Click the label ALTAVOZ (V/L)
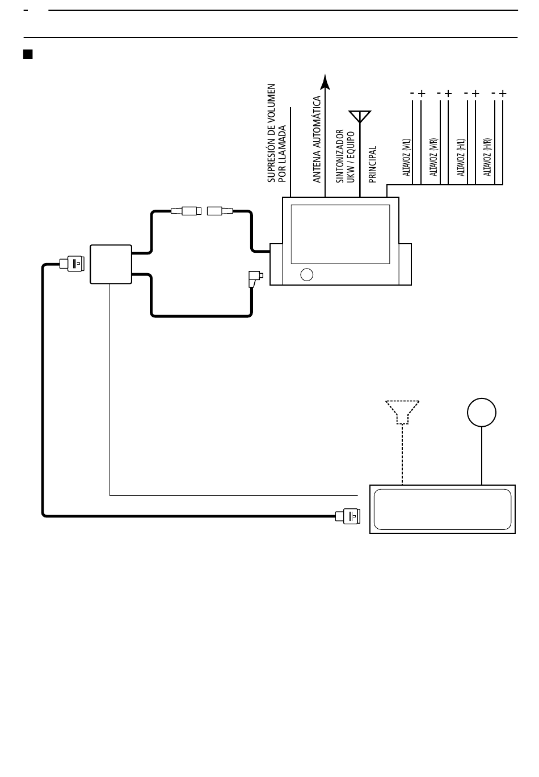click(x=407, y=158)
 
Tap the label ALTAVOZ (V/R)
click(x=434, y=157)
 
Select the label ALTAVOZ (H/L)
click(x=461, y=158)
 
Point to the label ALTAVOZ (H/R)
click(x=487, y=157)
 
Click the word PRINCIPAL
click(x=372, y=164)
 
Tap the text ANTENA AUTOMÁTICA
click(x=317, y=139)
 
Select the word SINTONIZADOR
click(x=340, y=156)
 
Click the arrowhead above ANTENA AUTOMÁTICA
click(x=325, y=82)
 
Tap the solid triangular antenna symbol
click(x=360, y=116)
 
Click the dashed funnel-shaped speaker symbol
click(x=402, y=412)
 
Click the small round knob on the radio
click(x=306, y=274)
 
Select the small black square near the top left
click(x=28, y=54)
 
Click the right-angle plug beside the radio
click(x=255, y=278)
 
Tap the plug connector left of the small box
click(x=72, y=264)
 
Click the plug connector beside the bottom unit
click(x=348, y=516)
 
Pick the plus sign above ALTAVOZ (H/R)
click(x=503, y=94)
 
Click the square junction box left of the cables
click(x=111, y=264)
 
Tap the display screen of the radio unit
click(x=340, y=234)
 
